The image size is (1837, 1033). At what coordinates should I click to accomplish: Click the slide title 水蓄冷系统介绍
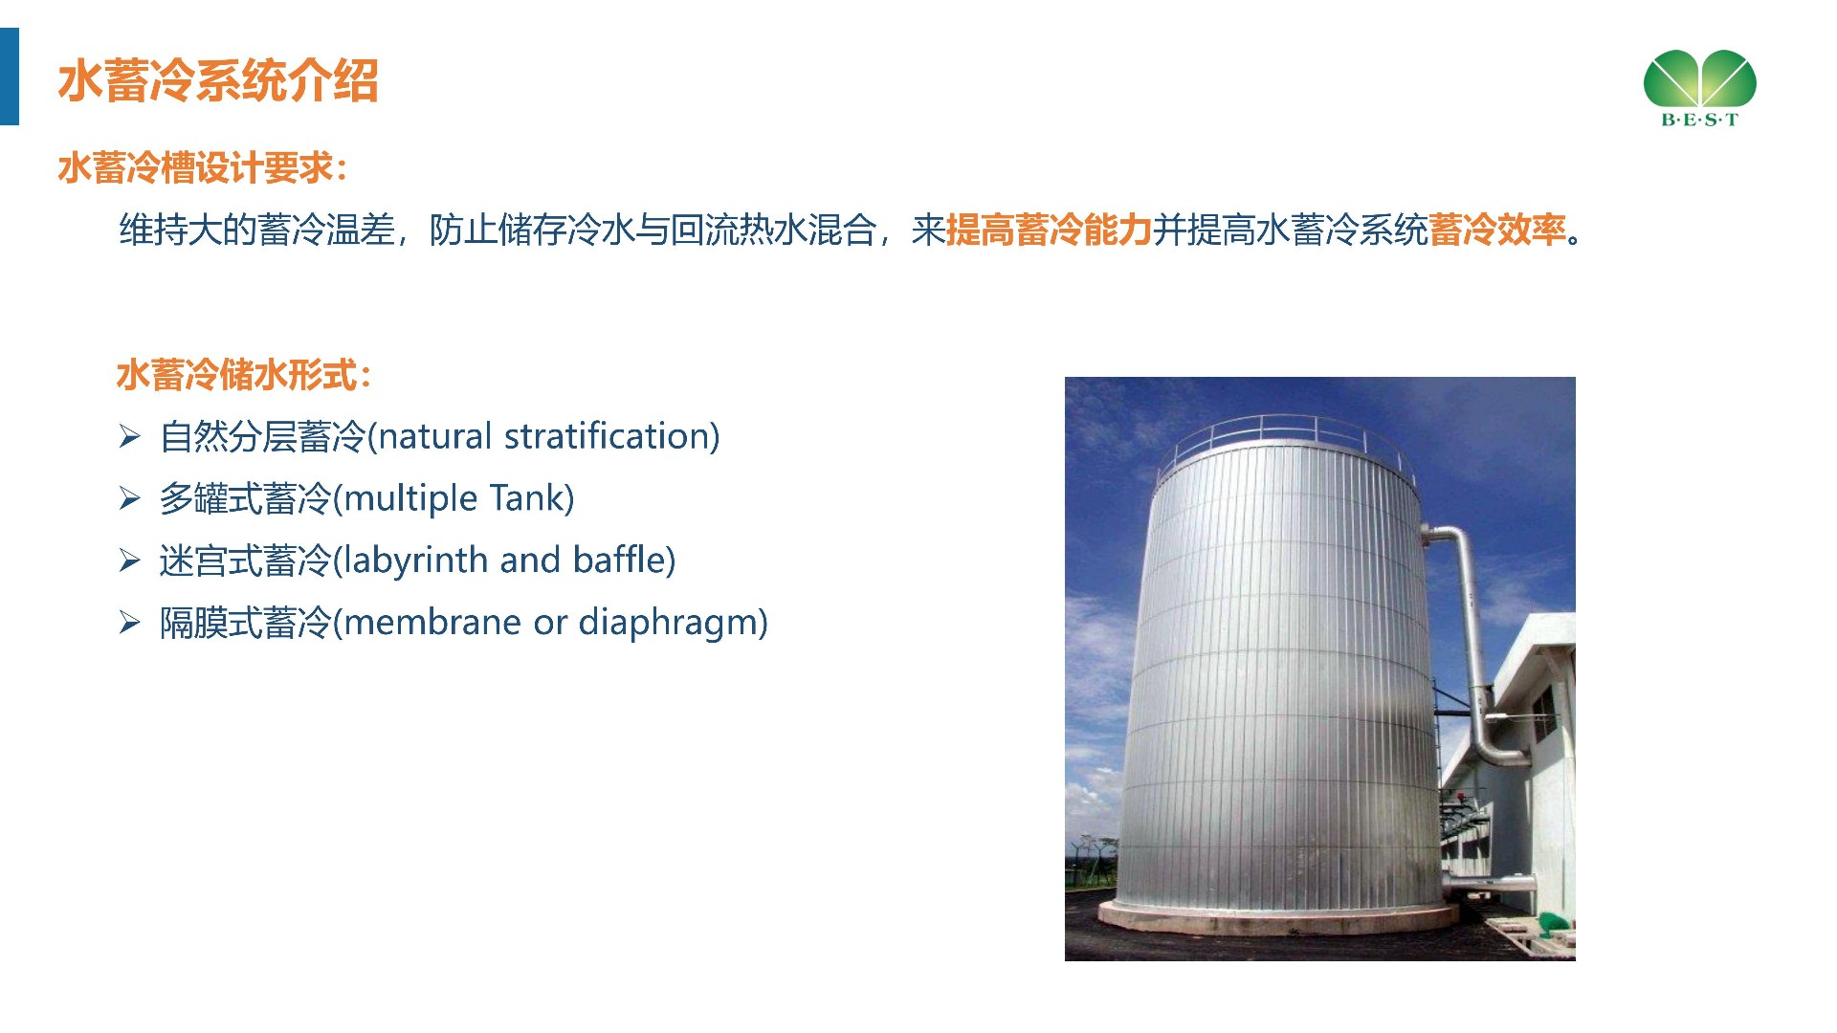pyautogui.click(x=218, y=80)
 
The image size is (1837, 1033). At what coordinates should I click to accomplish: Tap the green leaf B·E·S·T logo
pyautogui.click(x=1700, y=88)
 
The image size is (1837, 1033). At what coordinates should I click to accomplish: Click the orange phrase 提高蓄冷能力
pyautogui.click(x=1049, y=230)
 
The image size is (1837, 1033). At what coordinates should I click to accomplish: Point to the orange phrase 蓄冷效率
pyautogui.click(x=1497, y=230)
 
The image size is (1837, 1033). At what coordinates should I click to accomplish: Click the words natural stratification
pyautogui.click(x=543, y=436)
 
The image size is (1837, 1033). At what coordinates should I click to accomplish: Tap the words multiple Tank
pyautogui.click(x=454, y=498)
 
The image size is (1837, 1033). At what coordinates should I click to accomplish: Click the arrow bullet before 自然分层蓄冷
pyautogui.click(x=129, y=437)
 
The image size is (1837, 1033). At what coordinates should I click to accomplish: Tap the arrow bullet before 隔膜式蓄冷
pyautogui.click(x=129, y=624)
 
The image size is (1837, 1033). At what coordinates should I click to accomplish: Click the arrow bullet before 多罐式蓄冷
pyautogui.click(x=129, y=499)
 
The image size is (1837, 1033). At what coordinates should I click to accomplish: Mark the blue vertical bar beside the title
pyautogui.click(x=10, y=77)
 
